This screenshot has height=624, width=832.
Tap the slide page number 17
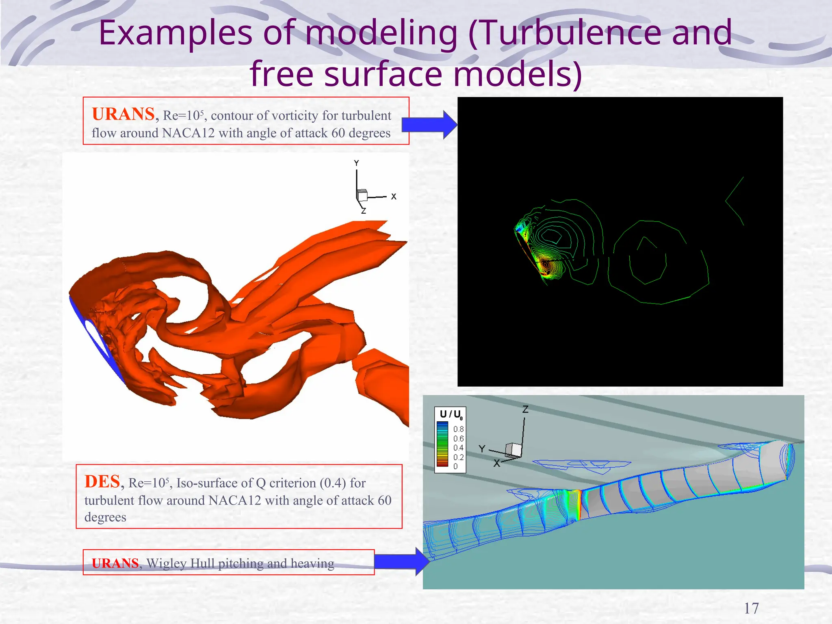(x=751, y=608)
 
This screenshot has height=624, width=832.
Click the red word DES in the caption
(x=102, y=482)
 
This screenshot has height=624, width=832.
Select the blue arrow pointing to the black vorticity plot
(x=429, y=125)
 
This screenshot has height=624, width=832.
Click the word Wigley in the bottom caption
(x=167, y=563)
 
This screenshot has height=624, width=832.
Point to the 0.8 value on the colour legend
(x=458, y=429)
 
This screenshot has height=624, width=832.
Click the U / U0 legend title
(x=451, y=414)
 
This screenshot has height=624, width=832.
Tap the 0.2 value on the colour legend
(x=458, y=457)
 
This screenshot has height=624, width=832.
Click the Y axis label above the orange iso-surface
(x=356, y=163)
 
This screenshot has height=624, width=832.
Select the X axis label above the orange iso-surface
(x=393, y=197)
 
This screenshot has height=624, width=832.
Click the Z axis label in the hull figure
(x=525, y=409)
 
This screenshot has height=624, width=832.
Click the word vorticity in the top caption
(x=295, y=116)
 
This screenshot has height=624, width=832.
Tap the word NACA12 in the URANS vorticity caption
(x=188, y=133)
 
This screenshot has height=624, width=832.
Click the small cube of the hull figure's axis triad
(x=513, y=450)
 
